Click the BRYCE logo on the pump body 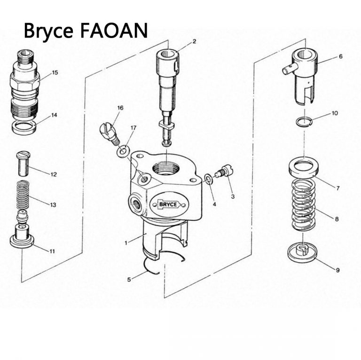point(169,204)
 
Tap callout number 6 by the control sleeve point(340,56)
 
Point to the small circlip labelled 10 point(304,122)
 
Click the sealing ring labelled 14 point(24,126)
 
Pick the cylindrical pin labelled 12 point(23,163)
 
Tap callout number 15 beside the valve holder point(55,73)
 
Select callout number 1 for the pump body point(126,243)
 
